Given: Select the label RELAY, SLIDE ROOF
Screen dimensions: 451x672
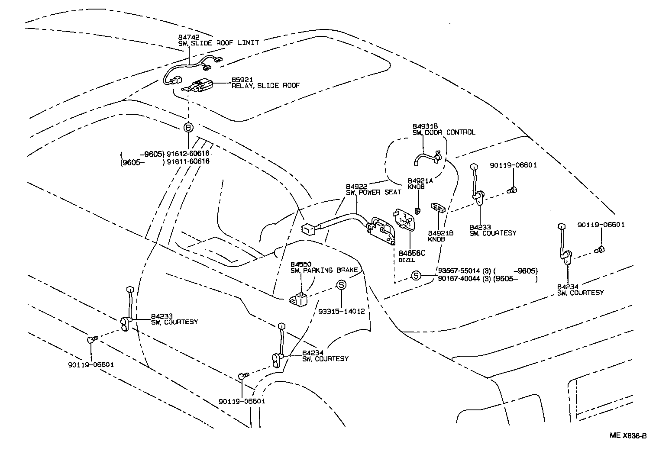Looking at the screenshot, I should [x=265, y=86].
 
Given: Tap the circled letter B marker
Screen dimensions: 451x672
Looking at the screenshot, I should [x=188, y=128].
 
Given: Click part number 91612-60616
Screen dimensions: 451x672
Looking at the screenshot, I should [x=188, y=154].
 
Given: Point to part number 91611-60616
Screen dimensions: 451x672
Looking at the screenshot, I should [x=188, y=161].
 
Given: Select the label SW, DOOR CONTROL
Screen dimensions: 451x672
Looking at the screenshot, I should [x=443, y=132].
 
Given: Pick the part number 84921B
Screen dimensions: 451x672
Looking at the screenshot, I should [x=440, y=233].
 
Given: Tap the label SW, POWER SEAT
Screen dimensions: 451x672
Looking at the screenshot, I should [x=373, y=192].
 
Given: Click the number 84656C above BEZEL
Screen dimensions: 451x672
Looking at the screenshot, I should [x=412, y=253].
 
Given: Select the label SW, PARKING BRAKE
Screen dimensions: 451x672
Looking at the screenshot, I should [x=324, y=270].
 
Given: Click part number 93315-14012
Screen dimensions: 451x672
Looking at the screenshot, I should [x=341, y=311].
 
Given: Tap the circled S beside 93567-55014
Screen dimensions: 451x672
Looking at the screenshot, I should [x=416, y=275].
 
